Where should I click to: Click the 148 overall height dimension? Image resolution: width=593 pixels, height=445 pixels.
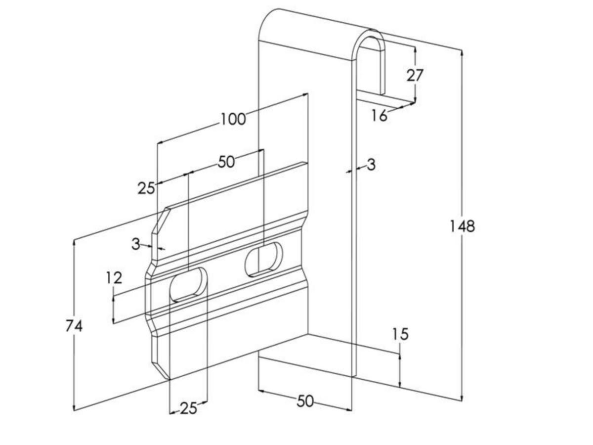(x=462, y=226)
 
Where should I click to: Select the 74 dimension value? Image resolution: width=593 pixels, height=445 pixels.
(x=74, y=326)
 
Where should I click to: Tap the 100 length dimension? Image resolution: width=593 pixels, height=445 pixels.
(x=233, y=119)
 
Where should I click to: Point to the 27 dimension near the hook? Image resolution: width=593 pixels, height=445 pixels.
(x=415, y=76)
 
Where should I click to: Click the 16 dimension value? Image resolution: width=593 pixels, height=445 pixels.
(x=379, y=116)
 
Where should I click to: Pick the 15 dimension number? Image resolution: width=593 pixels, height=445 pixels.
(x=400, y=335)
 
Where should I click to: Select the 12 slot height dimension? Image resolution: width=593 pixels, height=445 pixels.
(x=114, y=278)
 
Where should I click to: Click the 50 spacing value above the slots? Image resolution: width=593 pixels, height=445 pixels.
(x=226, y=162)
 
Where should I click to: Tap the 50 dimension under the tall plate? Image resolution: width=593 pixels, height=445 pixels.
(x=305, y=401)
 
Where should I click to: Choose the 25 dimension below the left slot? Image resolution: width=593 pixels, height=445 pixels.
(x=188, y=408)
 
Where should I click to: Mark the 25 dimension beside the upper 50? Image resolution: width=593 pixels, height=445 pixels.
(x=146, y=188)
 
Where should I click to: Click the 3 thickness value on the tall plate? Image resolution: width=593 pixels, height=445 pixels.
(x=371, y=165)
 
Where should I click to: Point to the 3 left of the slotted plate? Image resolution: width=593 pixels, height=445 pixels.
(x=136, y=244)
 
